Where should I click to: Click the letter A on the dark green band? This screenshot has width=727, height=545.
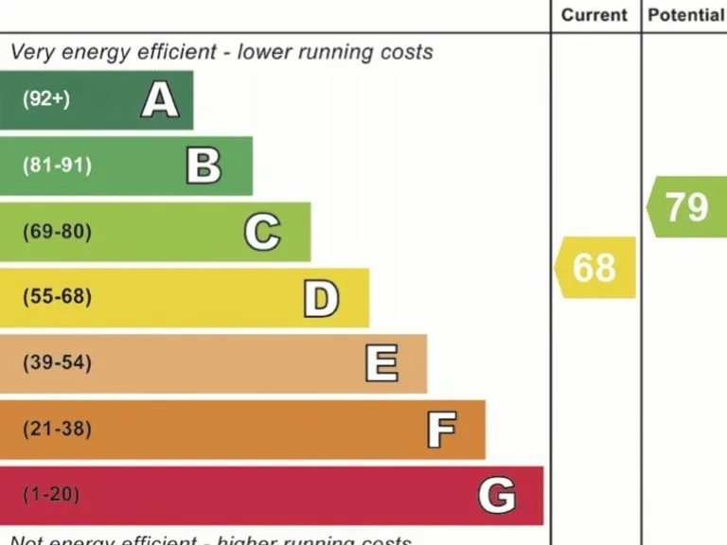pyautogui.click(x=160, y=99)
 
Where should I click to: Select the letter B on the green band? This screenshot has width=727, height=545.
pyautogui.click(x=204, y=166)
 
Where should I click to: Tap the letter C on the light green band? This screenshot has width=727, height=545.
pyautogui.click(x=262, y=232)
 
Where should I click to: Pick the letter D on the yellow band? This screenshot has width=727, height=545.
pyautogui.click(x=321, y=298)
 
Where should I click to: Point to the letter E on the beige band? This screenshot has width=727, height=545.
pyautogui.click(x=381, y=363)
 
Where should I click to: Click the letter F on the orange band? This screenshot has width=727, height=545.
pyautogui.click(x=441, y=430)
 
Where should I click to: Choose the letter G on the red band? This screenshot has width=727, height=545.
pyautogui.click(x=497, y=495)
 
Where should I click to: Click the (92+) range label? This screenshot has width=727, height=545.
pyautogui.click(x=46, y=99)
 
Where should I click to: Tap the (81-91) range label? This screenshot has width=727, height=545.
pyautogui.click(x=58, y=166)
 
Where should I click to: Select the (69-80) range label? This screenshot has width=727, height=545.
pyautogui.click(x=58, y=232)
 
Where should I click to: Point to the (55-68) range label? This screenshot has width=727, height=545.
pyautogui.click(x=58, y=297)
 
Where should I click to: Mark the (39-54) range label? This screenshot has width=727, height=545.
pyautogui.click(x=58, y=363)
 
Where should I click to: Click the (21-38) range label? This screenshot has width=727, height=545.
pyautogui.click(x=58, y=430)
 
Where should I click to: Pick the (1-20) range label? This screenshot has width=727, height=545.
pyautogui.click(x=52, y=495)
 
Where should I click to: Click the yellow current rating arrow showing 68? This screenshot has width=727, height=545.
pyautogui.click(x=594, y=268)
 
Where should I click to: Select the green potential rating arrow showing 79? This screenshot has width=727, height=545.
pyautogui.click(x=686, y=206)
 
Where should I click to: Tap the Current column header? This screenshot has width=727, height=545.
pyautogui.click(x=594, y=15)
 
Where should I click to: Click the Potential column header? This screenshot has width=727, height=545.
pyautogui.click(x=685, y=15)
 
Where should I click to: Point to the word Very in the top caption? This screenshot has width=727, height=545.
pyautogui.click(x=32, y=52)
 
